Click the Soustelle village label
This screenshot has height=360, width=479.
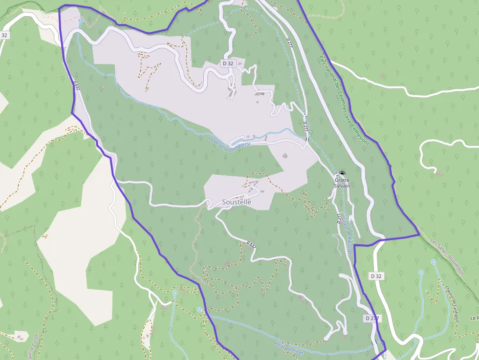[237, 202]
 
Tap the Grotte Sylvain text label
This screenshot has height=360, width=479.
[342, 183]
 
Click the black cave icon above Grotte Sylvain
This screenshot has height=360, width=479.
[342, 174]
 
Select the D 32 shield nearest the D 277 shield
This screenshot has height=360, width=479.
[376, 276]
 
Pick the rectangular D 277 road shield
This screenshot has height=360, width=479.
[372, 318]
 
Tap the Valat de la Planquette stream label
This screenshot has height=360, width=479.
[229, 143]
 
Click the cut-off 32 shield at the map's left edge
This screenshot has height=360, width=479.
[4, 35]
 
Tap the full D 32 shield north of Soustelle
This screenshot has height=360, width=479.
[228, 64]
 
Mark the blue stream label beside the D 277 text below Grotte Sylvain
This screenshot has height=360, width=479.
[347, 232]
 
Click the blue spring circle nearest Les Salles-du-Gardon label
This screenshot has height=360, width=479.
[433, 262]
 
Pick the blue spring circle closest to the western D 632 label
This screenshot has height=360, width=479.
[80, 21]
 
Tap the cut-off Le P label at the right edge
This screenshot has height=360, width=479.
[474, 318]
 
